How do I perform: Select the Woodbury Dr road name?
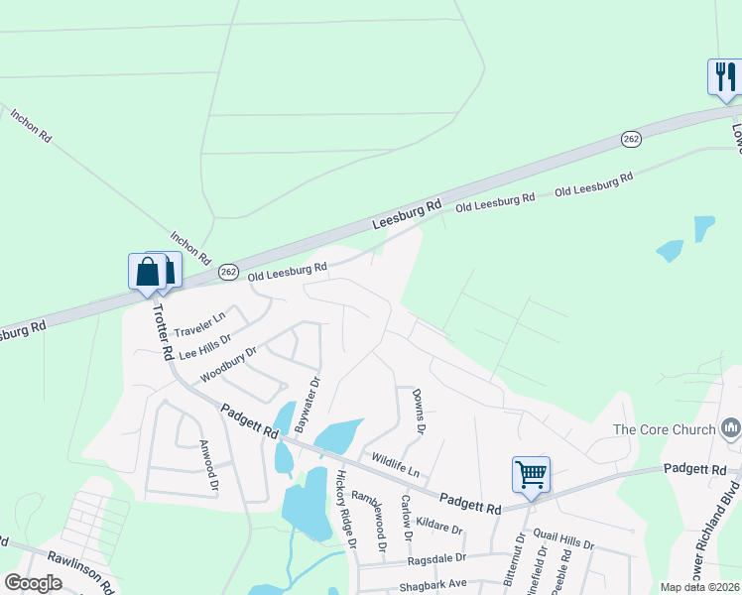pos(228,364)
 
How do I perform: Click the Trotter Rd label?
pos(162,331)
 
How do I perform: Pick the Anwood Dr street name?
pos(207,465)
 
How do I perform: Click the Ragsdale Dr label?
pos(436,560)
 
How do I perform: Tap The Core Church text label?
pos(664,429)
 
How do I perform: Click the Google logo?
pos(33,583)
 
